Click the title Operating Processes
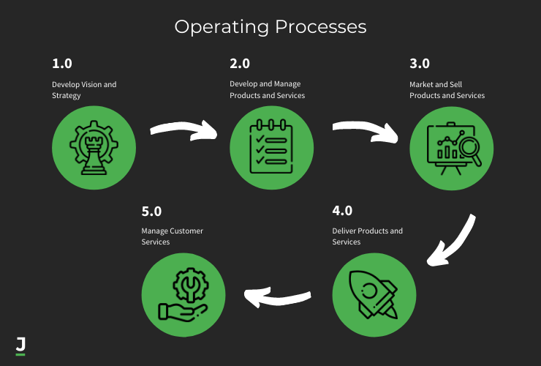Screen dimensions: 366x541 [x=270, y=27]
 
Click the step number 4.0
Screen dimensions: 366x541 [x=342, y=211]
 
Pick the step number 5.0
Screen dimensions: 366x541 [x=151, y=211]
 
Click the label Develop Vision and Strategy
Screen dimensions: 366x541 [x=84, y=90]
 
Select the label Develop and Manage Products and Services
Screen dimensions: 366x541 [x=267, y=90]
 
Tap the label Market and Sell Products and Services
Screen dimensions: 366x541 [x=447, y=90]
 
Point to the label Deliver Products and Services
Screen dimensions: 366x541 [x=367, y=236]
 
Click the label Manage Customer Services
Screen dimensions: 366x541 [x=172, y=236]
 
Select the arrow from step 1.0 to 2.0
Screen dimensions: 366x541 [x=184, y=130]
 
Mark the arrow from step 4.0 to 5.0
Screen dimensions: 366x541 [x=282, y=296]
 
